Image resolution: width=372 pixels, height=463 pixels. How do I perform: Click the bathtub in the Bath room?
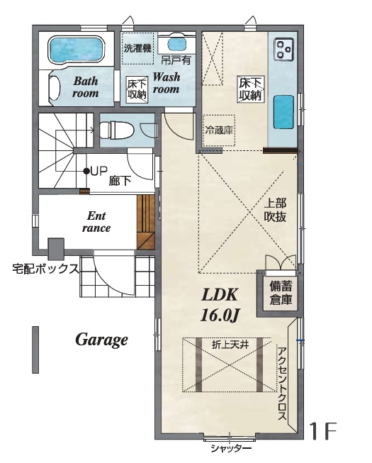click(77, 50)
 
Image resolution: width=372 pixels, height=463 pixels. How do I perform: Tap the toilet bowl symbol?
click(116, 130)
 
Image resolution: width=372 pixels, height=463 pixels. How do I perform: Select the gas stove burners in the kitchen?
click(284, 49)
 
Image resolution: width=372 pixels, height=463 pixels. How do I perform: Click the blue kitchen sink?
click(283, 112)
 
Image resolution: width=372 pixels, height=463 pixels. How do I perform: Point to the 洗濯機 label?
click(137, 48)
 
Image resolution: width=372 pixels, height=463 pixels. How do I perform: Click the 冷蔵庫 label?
click(219, 130)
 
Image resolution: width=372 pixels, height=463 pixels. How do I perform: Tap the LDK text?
click(220, 295)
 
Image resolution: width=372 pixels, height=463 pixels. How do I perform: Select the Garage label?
click(102, 340)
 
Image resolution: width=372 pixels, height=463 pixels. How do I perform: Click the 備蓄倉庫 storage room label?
click(281, 293)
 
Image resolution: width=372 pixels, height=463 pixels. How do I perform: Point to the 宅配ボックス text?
click(46, 269)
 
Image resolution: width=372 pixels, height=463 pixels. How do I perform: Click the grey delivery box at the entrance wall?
click(56, 249)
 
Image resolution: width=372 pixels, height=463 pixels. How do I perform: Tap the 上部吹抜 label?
click(275, 210)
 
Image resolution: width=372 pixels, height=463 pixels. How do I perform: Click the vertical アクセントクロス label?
click(282, 384)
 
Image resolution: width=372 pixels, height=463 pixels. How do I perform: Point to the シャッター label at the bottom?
click(231, 449)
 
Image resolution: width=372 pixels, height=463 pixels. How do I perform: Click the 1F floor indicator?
click(322, 431)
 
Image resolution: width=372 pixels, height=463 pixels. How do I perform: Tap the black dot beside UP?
click(86, 171)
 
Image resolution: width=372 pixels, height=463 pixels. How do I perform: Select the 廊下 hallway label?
click(120, 181)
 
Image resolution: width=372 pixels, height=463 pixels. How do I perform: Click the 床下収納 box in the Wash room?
click(137, 90)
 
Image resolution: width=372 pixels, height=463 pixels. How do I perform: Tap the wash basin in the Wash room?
click(177, 45)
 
